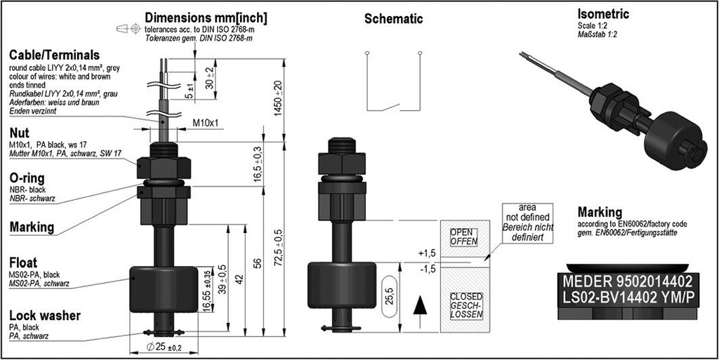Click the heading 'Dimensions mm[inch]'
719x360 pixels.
point(206,17)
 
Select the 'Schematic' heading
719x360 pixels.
point(393,19)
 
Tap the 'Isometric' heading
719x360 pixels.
point(602,14)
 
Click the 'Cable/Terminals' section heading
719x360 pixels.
point(53,55)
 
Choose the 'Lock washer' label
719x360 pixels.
point(44,315)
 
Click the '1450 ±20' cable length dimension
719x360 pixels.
point(278,98)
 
